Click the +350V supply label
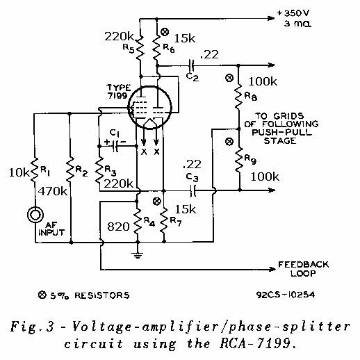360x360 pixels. [x=293, y=13]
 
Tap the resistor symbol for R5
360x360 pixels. [x=140, y=48]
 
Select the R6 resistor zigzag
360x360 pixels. [x=157, y=48]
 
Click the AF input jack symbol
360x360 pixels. [x=35, y=215]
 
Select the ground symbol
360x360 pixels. [x=138, y=255]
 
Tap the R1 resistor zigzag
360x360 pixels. [x=34, y=170]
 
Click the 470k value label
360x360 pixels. [x=53, y=191]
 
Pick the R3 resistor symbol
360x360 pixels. [x=99, y=170]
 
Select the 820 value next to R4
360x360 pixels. [x=118, y=227]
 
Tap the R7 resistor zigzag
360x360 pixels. [x=164, y=220]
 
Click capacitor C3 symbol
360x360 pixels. [x=193, y=191]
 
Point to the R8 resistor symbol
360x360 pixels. [x=239, y=97]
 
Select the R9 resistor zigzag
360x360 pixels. [x=239, y=161]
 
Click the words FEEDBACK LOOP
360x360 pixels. [x=303, y=269]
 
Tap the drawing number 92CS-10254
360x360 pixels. [x=286, y=295]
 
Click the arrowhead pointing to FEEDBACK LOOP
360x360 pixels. [x=272, y=269]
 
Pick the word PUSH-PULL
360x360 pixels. [x=281, y=132]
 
